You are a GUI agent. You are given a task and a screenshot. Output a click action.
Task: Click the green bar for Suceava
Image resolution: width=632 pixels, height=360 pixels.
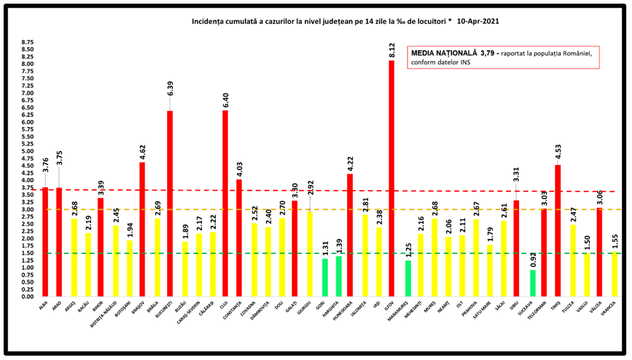click(533, 283)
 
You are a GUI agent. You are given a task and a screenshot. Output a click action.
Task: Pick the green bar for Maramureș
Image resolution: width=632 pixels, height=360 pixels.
click(408, 278)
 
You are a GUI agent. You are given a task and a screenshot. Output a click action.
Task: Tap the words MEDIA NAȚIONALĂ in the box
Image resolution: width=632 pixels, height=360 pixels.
click(443, 53)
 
